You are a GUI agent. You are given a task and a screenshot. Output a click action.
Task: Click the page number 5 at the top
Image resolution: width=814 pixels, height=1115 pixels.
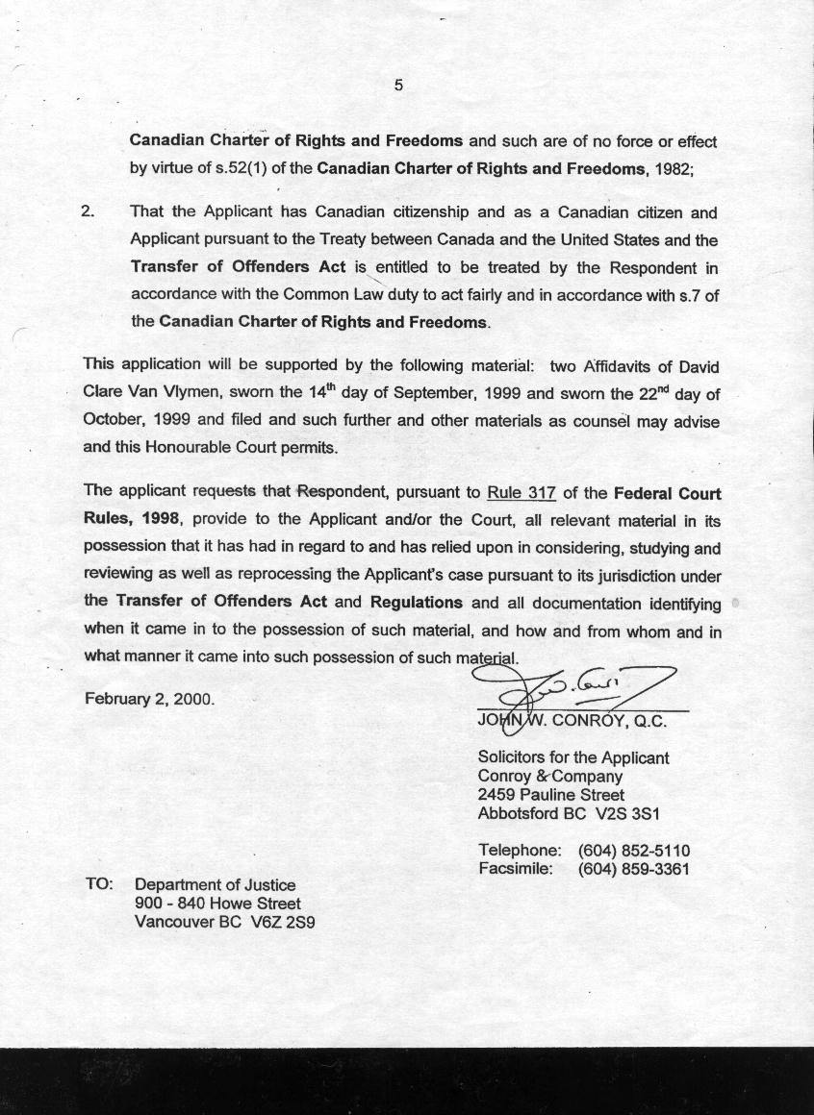coord(398,85)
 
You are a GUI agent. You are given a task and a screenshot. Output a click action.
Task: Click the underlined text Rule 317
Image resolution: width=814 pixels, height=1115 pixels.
coord(521,493)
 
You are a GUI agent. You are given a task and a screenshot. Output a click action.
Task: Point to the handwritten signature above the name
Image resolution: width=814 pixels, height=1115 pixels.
coord(577,686)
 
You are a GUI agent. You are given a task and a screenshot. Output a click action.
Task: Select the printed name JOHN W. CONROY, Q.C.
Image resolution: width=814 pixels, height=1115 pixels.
coord(572,721)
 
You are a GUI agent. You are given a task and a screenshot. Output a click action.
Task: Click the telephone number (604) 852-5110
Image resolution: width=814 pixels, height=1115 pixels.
coord(634,851)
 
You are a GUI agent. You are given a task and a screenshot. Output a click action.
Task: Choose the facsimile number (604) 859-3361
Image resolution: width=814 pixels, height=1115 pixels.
coord(634,869)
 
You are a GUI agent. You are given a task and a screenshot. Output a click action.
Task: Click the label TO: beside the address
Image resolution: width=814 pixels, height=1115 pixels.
coord(100,884)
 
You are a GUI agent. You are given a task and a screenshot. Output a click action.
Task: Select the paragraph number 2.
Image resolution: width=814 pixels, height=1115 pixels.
coord(88,211)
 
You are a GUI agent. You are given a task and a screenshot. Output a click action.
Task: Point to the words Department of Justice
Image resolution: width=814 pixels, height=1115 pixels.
coord(215,884)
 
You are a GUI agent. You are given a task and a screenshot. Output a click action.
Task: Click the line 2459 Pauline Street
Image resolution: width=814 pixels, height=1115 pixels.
coord(550,795)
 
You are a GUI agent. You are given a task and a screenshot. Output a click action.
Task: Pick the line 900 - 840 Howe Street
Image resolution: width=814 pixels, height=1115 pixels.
coord(217,904)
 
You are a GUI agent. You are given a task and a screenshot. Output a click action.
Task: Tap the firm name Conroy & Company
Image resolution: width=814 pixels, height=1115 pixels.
coord(549,776)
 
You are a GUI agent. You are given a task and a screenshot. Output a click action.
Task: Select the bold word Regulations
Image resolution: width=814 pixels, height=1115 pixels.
coord(416,603)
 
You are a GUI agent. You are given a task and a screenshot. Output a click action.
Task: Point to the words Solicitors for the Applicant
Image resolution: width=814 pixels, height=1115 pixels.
coord(572,757)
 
